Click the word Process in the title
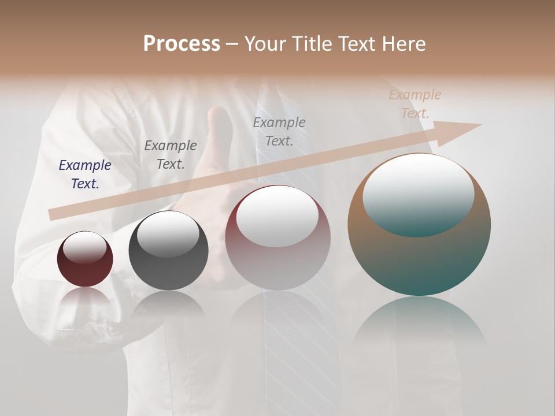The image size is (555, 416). (x=182, y=44)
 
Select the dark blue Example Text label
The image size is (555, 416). (x=85, y=174)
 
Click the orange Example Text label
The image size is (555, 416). (x=415, y=103)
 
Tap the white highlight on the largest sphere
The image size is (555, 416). (x=418, y=194)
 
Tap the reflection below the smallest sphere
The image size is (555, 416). (x=85, y=298)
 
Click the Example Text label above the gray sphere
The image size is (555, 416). (x=171, y=154)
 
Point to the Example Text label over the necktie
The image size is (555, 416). (x=279, y=131)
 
